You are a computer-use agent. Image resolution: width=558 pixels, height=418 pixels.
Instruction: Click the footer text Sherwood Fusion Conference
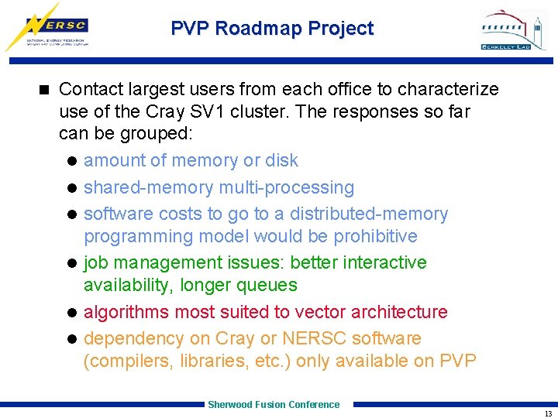pyautogui.click(x=274, y=404)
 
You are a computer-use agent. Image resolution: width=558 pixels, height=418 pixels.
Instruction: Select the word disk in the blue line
pyautogui.click(x=281, y=160)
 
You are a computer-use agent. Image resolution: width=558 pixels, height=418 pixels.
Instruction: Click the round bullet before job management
pyautogui.click(x=71, y=263)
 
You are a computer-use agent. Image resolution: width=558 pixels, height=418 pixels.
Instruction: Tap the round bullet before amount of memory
pyautogui.click(x=71, y=161)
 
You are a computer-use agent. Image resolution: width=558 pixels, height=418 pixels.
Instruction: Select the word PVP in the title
pyautogui.click(x=190, y=29)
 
